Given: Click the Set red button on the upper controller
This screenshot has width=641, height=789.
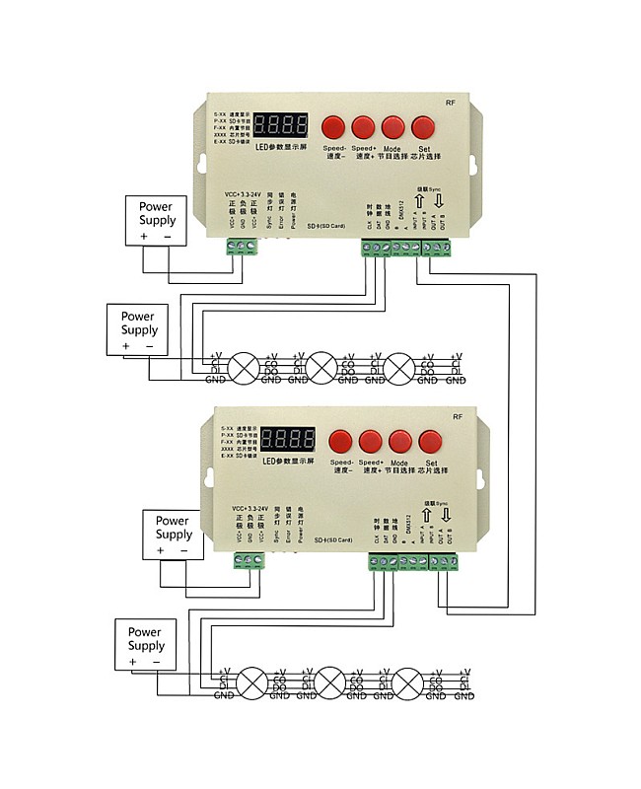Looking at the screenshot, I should [x=423, y=127].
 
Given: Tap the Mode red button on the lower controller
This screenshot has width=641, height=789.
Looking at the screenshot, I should [x=399, y=441].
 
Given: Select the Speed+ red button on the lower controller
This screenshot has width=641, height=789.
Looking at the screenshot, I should [x=370, y=441].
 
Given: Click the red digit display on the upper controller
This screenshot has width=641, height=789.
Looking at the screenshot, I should [x=280, y=126].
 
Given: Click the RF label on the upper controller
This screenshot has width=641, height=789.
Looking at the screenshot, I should [x=451, y=103].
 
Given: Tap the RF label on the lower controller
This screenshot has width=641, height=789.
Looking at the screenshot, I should [x=458, y=417].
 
